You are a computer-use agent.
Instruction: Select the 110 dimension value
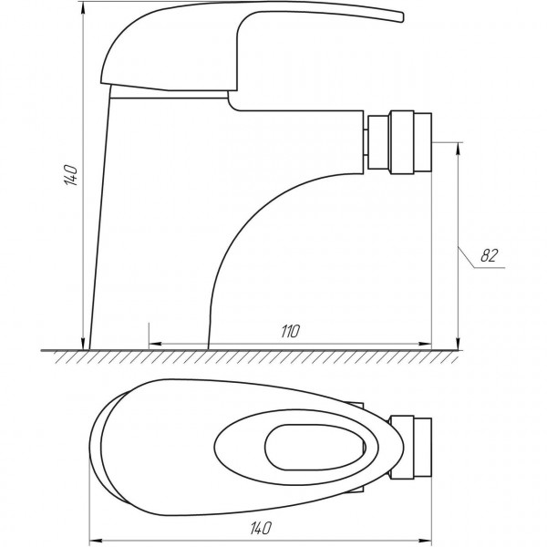click(291, 331)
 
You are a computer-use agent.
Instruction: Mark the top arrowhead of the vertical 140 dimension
click(88, 11)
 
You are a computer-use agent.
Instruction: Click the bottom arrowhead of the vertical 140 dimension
click(88, 344)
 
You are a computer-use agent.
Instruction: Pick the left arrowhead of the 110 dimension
click(153, 345)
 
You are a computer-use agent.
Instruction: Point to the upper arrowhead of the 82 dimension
click(456, 146)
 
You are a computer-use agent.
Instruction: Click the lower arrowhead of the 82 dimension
click(456, 344)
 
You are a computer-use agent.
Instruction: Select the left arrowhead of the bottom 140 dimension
click(95, 537)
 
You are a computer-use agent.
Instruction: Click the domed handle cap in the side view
click(137, 50)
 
